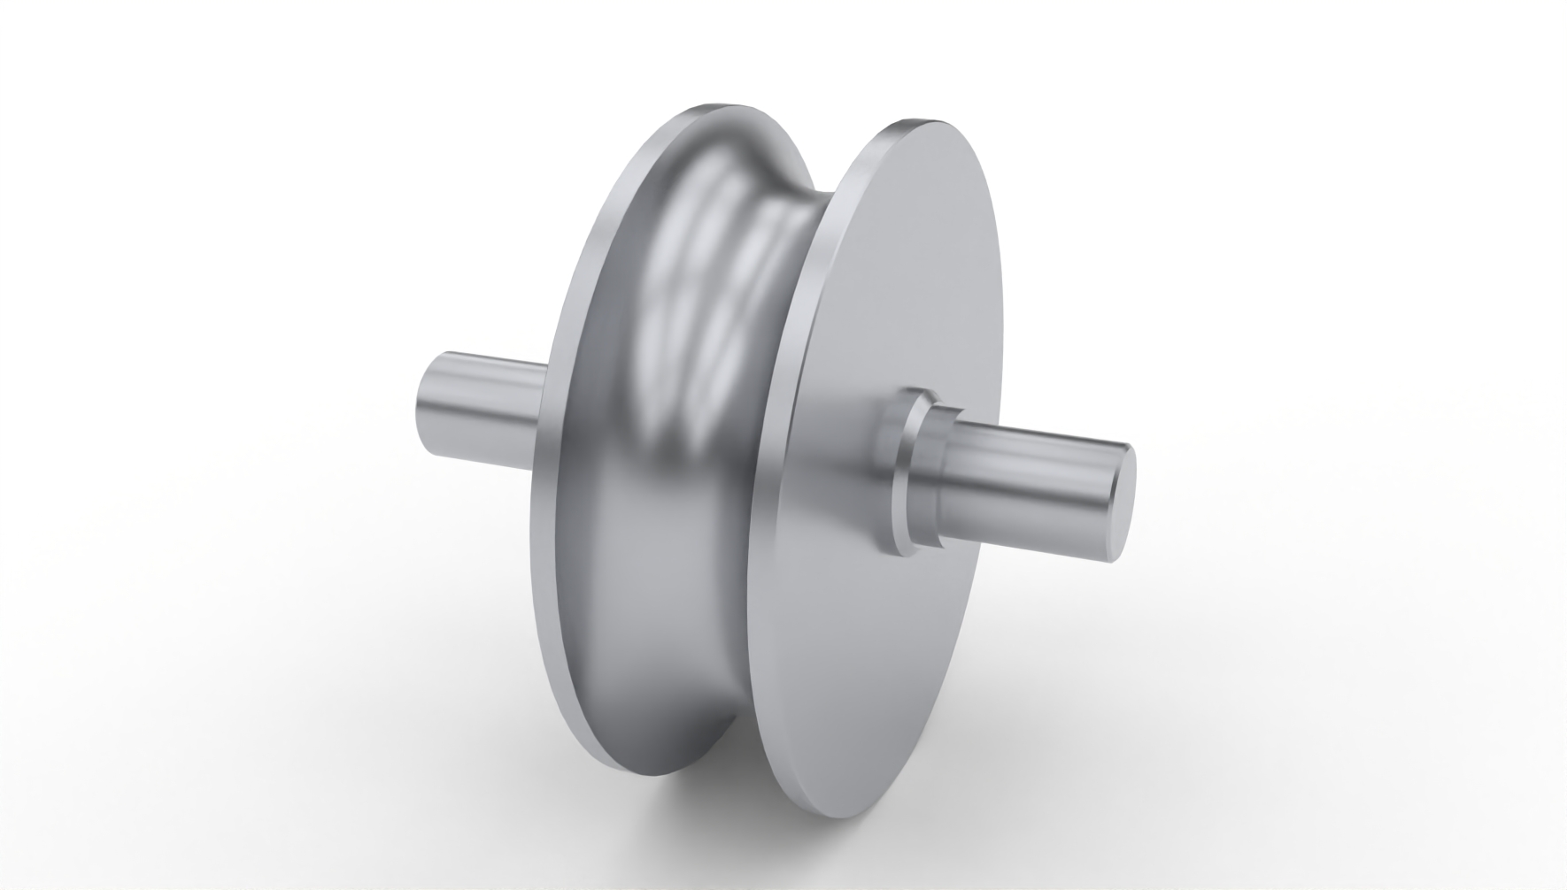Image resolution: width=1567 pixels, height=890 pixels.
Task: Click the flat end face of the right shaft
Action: coord(1117,504)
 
